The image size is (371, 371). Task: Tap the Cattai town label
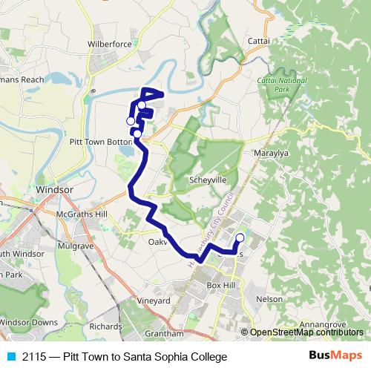tap(259, 41)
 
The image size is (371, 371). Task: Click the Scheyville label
tap(208, 180)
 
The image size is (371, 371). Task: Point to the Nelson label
tap(269, 299)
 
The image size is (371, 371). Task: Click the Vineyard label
tap(154, 301)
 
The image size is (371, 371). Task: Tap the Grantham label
tap(160, 335)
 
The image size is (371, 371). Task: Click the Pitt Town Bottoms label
tap(99, 141)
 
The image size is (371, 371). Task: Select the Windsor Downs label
tap(29, 323)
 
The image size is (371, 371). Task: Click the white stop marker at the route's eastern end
tap(239, 238)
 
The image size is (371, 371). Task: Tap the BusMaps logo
tap(335, 356)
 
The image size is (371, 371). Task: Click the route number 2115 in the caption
tap(33, 357)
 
